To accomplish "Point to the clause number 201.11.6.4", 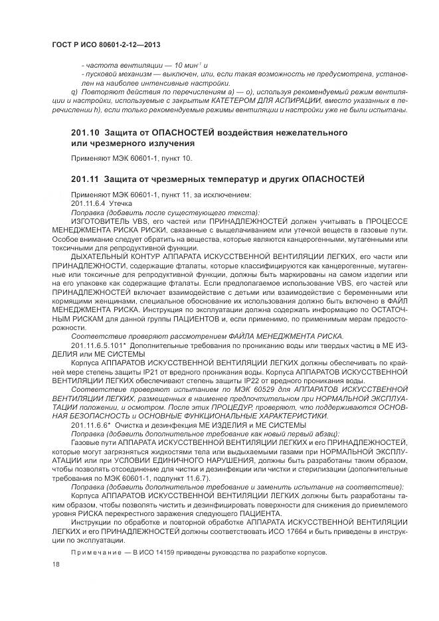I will pyautogui.click(x=88, y=203).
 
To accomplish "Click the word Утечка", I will pyautogui.click(x=122, y=203).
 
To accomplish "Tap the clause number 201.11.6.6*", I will pyautogui.click(x=90, y=424).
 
